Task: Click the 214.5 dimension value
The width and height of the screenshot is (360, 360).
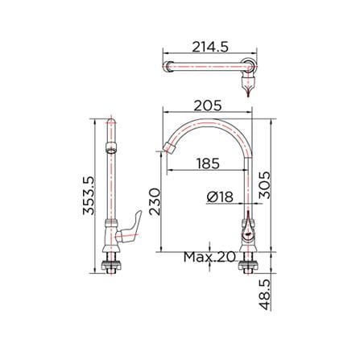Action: (x=210, y=47)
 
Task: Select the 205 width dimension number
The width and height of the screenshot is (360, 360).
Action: (x=208, y=106)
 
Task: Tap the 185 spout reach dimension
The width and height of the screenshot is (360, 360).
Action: (x=208, y=163)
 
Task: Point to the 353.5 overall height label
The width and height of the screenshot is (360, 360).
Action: (x=89, y=196)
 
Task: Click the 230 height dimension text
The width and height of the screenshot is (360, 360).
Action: (x=155, y=201)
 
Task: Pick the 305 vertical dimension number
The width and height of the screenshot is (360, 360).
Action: (x=265, y=185)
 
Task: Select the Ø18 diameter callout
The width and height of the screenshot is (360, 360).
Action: (x=220, y=197)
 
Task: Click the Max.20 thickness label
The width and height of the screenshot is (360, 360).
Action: (x=209, y=257)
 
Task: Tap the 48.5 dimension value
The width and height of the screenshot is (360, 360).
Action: (x=265, y=294)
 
